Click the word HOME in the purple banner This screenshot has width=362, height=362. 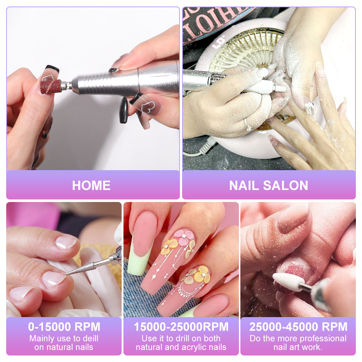[91, 185]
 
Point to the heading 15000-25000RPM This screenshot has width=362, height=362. [181, 327]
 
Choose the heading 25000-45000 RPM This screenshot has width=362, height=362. [298, 327]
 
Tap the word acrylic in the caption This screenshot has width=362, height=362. [194, 347]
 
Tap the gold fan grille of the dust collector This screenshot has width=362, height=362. [250, 51]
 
